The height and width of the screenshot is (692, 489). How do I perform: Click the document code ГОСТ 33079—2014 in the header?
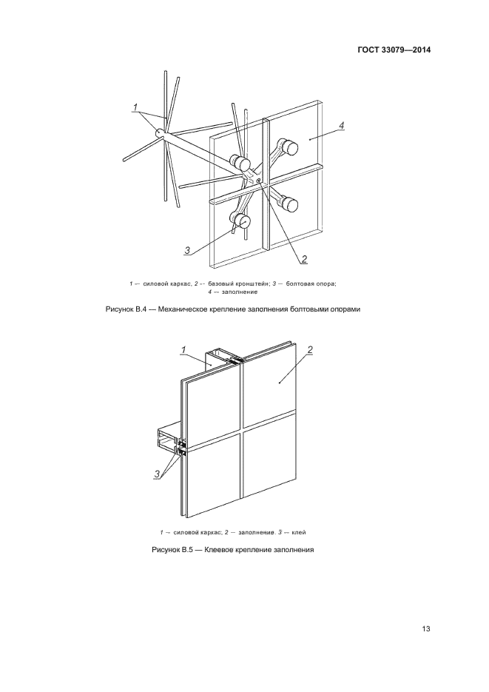(396, 50)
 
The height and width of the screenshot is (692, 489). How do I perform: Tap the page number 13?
(425, 629)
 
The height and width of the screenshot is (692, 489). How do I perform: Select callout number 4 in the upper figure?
(341, 127)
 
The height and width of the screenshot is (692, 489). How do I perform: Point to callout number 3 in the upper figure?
(188, 250)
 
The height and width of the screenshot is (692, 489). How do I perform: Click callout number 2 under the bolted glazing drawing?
(304, 259)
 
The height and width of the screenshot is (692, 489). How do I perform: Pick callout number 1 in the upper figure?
(137, 108)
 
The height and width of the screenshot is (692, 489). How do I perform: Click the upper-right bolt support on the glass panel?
(288, 147)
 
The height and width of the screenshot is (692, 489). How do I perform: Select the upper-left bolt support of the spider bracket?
(240, 163)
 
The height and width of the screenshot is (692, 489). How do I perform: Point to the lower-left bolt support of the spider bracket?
(240, 220)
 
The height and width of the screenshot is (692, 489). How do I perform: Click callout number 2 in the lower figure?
(310, 349)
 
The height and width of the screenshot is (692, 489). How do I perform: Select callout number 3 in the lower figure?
(157, 474)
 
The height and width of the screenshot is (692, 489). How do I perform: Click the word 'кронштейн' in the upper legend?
(247, 284)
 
